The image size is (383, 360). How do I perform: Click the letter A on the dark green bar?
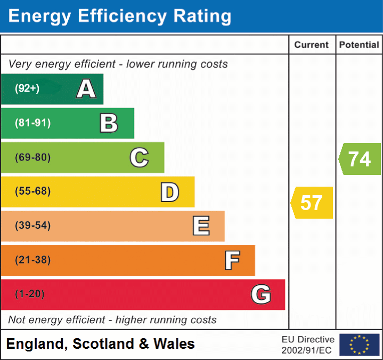pos(86,89)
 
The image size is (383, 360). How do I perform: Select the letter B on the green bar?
pos(109,123)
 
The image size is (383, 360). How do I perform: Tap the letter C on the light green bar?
pos(139,157)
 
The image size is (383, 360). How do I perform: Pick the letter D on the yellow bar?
pos(169,192)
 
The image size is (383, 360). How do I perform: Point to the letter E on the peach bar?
pos(201,226)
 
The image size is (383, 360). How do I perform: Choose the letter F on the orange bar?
pos(232,260)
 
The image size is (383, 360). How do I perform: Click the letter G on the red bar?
pos(261,294)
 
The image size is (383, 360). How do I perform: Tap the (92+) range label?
pos(27,89)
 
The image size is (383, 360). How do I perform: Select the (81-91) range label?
pos(33,123)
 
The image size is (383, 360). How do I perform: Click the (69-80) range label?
pos(33,157)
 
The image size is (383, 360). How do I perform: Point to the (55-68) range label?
pos(33,191)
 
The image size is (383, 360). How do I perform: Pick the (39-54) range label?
pos(33,226)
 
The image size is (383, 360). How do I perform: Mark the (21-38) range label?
pos(33,260)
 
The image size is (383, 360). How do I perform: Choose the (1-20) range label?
pos(30,294)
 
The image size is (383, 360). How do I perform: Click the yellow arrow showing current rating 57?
pos(312,203)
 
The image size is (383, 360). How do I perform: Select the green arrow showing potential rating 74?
pos(360,159)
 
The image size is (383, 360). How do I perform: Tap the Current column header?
pos(312,45)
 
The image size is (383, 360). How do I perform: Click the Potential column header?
pos(359,45)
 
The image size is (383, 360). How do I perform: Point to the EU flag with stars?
pos(359,345)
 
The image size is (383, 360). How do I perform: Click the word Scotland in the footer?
pos(103,344)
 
